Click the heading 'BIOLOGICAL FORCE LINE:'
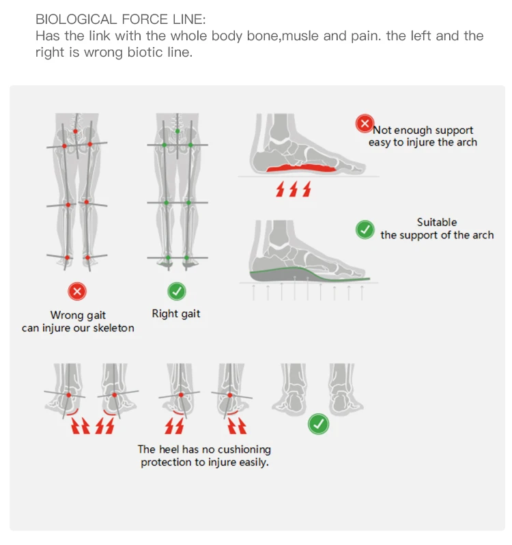coord(119,19)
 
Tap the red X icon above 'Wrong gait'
coord(77,292)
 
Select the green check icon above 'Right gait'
coord(176,292)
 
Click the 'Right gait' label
coord(176,313)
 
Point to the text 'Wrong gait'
coord(78,315)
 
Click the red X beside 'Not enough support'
coord(365,124)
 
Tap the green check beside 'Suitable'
coord(365,229)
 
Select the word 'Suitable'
coord(437,222)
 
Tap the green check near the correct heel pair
coord(318,424)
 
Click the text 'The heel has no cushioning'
coord(204,449)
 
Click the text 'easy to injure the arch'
coord(423,142)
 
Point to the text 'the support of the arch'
coord(437,235)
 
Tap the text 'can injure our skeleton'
coord(78,328)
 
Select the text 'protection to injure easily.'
coord(204,462)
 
